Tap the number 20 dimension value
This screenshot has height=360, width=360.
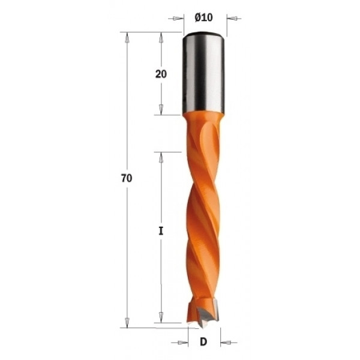point(161,74)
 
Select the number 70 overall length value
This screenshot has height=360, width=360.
point(126,179)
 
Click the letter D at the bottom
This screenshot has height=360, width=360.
point(203,343)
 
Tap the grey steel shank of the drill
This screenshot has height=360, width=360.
point(203,72)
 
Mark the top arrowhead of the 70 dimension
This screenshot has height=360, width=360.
point(127,37)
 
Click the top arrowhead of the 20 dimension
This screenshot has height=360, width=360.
point(161,37)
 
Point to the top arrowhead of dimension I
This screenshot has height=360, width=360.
point(161,157)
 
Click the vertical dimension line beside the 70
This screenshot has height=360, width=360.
point(127,120)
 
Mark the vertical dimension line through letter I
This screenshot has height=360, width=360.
point(161,270)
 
